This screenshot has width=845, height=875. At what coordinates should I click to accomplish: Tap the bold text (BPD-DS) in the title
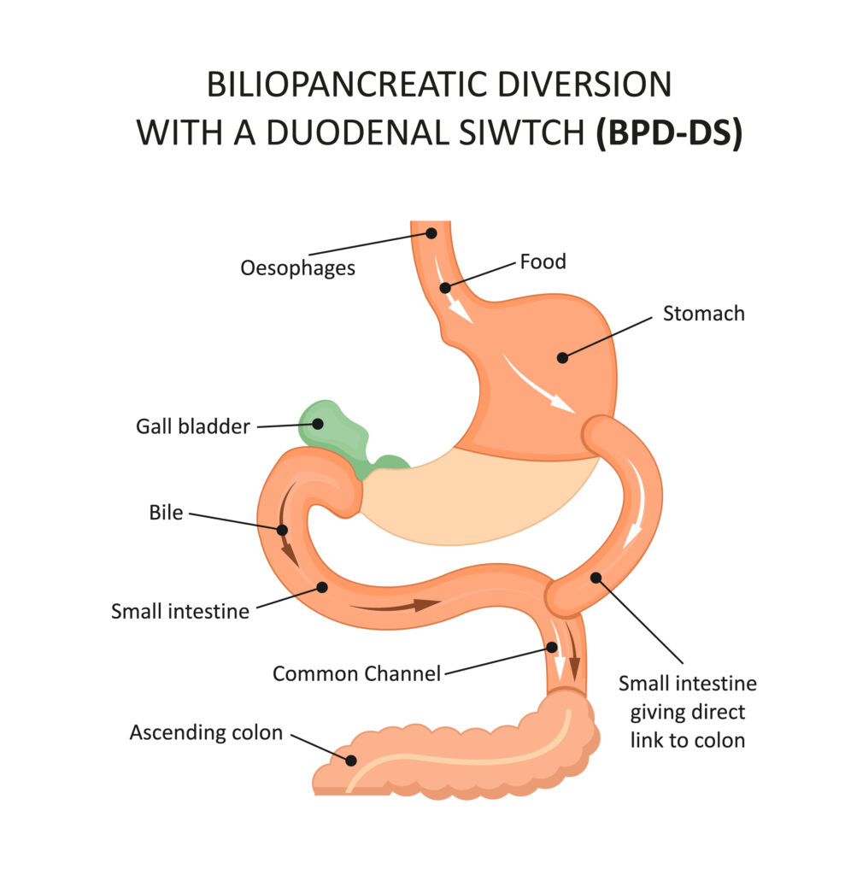pyautogui.click(x=668, y=133)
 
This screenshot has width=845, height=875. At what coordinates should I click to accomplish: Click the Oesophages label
pyautogui.click(x=297, y=268)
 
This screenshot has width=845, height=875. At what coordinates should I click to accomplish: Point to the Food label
pyautogui.click(x=543, y=261)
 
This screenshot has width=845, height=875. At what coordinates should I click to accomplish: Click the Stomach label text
pyautogui.click(x=703, y=314)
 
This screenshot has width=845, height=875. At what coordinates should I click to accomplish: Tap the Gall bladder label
pyautogui.click(x=192, y=426)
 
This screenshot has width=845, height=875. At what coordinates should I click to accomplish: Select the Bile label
pyautogui.click(x=166, y=514)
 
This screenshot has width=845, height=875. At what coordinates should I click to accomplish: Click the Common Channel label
pyautogui.click(x=356, y=673)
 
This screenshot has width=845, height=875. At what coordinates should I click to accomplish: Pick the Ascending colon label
pyautogui.click(x=206, y=732)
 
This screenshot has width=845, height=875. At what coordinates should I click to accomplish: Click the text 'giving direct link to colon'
pyautogui.click(x=688, y=725)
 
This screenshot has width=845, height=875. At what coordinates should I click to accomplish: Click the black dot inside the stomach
pyautogui.click(x=562, y=357)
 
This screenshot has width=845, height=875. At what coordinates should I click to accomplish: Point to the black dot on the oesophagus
pyautogui.click(x=431, y=232)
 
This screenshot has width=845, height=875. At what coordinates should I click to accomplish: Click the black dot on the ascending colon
pyautogui.click(x=349, y=759)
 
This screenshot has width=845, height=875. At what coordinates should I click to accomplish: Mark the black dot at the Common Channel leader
pyautogui.click(x=553, y=648)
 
